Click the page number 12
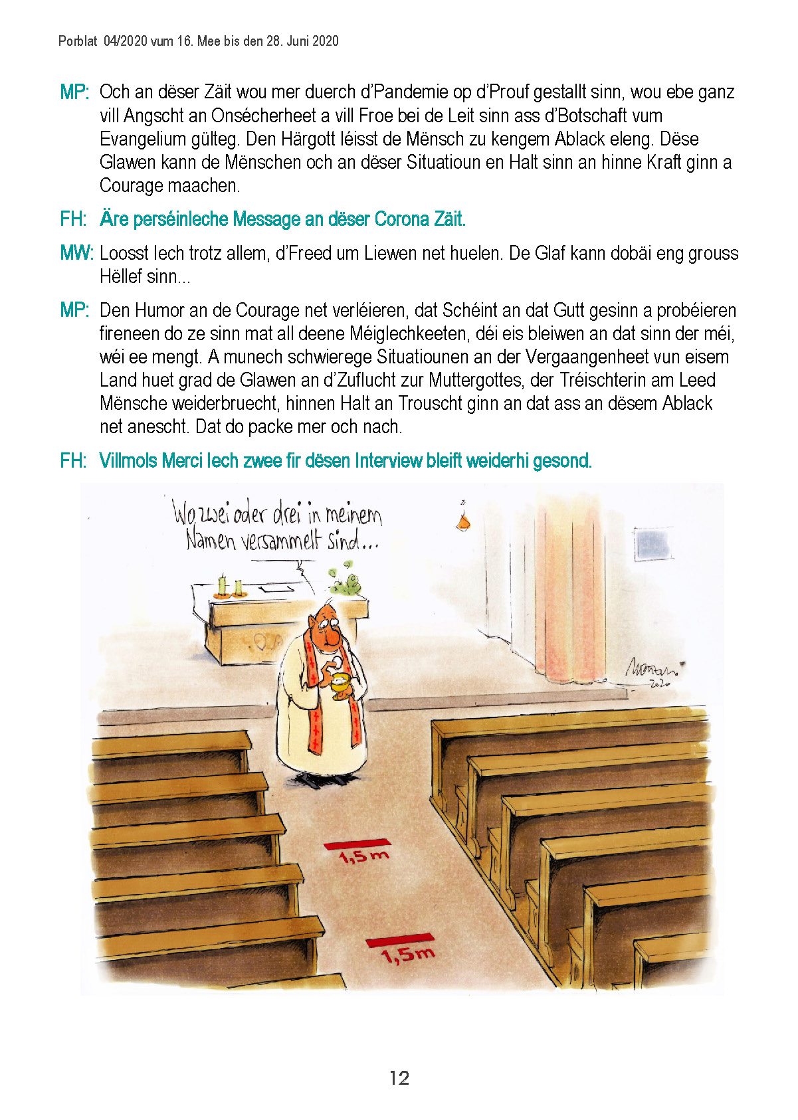399,1077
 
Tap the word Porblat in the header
78,41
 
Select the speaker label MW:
76,253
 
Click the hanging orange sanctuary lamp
463,522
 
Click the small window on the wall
653,544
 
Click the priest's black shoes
321,779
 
